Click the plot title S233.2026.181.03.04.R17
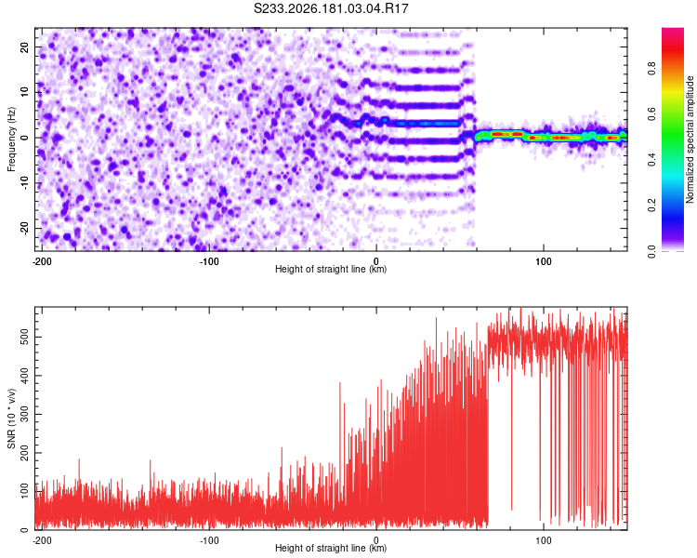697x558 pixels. [x=331, y=8]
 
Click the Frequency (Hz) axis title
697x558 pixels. [x=11, y=139]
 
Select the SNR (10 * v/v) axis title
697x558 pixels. [x=11, y=418]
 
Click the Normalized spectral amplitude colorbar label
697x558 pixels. [x=690, y=139]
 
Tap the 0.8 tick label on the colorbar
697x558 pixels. [x=651, y=69]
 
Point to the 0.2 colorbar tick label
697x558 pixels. [x=651, y=206]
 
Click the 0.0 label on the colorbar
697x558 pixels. [x=651, y=251]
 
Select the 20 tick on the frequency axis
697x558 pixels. [x=25, y=46]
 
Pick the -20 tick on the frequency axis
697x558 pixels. [x=25, y=228]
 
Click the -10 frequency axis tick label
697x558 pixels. [x=25, y=183]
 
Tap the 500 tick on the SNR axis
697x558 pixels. [x=25, y=337]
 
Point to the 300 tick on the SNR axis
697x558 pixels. [x=25, y=414]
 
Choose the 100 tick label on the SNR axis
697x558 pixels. [x=25, y=491]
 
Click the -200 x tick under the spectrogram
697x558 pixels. [x=42, y=261]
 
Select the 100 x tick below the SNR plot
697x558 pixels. [x=544, y=540]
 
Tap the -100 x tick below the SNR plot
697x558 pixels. [x=209, y=540]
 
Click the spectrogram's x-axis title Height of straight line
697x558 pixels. [x=331, y=269]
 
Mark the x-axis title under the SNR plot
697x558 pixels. [x=331, y=548]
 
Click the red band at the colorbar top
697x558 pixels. [x=673, y=49]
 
